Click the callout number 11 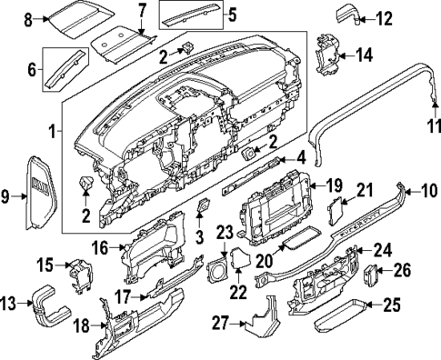click(433, 128)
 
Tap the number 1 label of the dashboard click(51, 131)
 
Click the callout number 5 click(231, 14)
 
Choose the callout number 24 click(383, 249)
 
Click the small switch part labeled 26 click(373, 272)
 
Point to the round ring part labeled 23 click(219, 272)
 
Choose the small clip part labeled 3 click(202, 210)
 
